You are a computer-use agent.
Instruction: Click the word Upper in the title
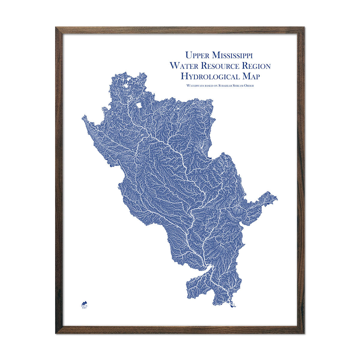coord(197,55)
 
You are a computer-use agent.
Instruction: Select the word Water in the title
coord(184,66)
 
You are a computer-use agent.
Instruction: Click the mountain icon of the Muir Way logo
coord(85,302)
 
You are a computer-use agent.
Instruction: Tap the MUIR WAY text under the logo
coord(85,307)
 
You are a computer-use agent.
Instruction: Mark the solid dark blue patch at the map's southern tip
coord(231,306)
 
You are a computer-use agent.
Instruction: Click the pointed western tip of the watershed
coord(82,117)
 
